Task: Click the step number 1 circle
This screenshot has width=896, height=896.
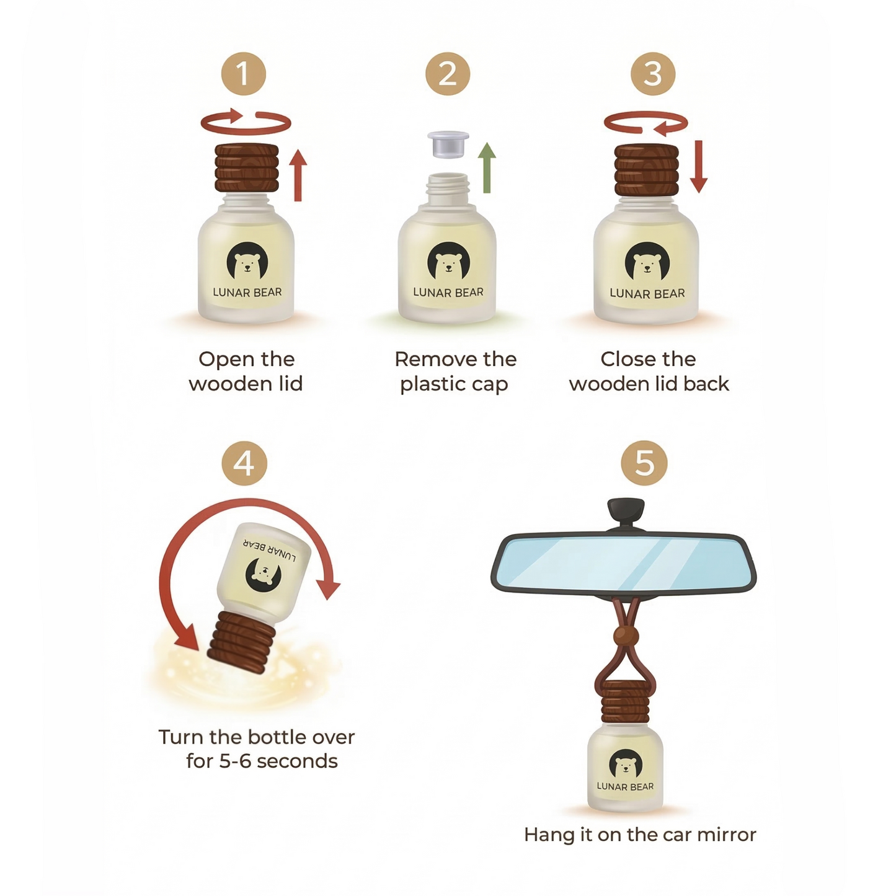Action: tap(243, 73)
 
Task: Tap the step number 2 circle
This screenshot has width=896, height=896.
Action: tap(447, 73)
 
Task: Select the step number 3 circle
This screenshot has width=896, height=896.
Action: tap(652, 73)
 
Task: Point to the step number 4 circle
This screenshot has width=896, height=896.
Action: tap(244, 463)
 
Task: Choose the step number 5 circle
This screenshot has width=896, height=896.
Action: tap(644, 463)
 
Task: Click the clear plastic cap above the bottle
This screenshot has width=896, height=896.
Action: tap(448, 144)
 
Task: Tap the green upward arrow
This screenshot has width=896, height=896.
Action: tap(487, 168)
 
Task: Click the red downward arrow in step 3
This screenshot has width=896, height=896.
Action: tap(699, 167)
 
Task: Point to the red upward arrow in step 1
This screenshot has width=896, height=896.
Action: tap(298, 175)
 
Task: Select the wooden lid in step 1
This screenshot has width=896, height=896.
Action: tap(246, 168)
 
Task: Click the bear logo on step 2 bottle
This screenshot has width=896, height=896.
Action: tap(448, 261)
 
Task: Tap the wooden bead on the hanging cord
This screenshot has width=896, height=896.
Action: tap(626, 635)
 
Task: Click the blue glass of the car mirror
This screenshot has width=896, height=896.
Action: tap(624, 564)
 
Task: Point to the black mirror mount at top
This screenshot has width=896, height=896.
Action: tap(626, 513)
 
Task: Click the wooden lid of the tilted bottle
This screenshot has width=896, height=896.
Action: tap(237, 642)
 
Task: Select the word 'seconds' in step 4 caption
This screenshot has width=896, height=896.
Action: tap(297, 761)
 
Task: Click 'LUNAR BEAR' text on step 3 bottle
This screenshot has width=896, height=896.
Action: tap(647, 293)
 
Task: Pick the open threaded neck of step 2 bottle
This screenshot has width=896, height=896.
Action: tap(447, 189)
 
